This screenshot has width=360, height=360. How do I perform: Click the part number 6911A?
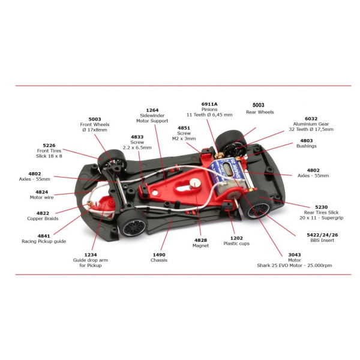pyautogui.click(x=209, y=104)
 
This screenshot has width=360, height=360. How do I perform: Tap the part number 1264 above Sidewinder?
pyautogui.click(x=152, y=110)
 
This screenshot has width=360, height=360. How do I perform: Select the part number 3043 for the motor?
pyautogui.click(x=295, y=254)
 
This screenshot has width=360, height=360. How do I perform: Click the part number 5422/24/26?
pyautogui.click(x=322, y=235)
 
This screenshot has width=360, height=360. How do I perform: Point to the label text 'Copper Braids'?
pyautogui.click(x=43, y=218)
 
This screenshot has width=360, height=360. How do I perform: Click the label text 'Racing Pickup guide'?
pyautogui.click(x=44, y=241)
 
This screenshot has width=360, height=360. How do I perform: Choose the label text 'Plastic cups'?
pyautogui.click(x=236, y=244)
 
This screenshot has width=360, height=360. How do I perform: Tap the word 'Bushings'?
pyautogui.click(x=306, y=146)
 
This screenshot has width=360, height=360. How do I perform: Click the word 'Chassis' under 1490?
pyautogui.click(x=159, y=260)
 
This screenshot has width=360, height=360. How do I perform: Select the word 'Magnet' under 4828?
pyautogui.click(x=200, y=245)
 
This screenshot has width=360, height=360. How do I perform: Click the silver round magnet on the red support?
pyautogui.click(x=195, y=184)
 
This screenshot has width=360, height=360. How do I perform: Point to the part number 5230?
pyautogui.click(x=321, y=207)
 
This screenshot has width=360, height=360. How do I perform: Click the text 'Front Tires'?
pyautogui.click(x=49, y=151)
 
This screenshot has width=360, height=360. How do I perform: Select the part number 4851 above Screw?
pyautogui.click(x=184, y=128)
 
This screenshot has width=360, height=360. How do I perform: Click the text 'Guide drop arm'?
pyautogui.click(x=91, y=260)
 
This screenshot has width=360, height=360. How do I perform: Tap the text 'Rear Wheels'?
pyautogui.click(x=260, y=112)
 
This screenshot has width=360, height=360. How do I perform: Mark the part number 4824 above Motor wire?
pyautogui.click(x=41, y=192)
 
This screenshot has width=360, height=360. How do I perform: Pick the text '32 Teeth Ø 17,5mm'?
pyautogui.click(x=311, y=129)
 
